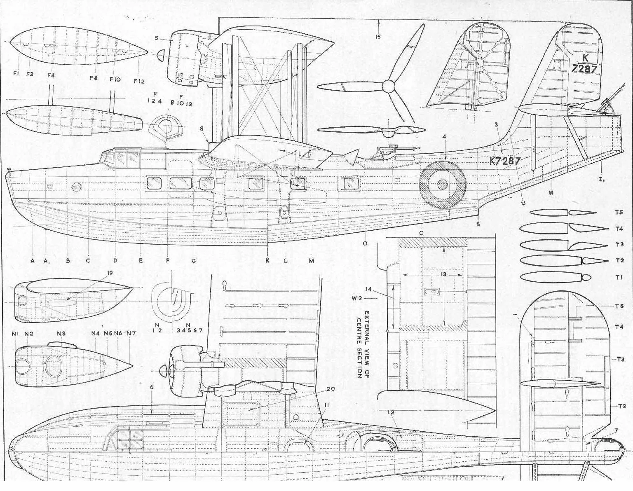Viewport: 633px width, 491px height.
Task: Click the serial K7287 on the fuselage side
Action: tap(505, 161)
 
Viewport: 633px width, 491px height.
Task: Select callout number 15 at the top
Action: tap(378, 37)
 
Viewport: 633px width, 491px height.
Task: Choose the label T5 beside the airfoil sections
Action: tap(619, 213)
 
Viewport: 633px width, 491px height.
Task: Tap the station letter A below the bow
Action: tap(32, 260)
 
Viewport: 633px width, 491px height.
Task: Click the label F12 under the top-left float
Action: tap(139, 81)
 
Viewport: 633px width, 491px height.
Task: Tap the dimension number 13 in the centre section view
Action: tap(443, 275)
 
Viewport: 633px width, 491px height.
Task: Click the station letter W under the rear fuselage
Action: tap(551, 192)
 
